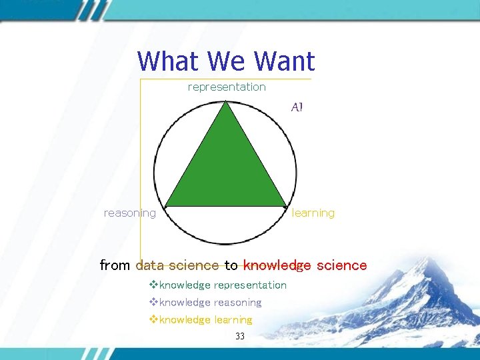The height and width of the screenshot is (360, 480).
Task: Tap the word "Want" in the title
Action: [284, 62]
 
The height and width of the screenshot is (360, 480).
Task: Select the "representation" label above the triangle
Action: [227, 87]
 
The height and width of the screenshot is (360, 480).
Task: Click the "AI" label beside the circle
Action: [297, 107]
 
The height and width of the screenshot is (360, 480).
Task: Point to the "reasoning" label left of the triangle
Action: [130, 213]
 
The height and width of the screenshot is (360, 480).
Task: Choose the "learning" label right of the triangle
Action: [313, 213]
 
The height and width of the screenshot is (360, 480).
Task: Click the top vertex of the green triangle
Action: [227, 102]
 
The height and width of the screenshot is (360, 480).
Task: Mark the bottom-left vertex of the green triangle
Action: [166, 205]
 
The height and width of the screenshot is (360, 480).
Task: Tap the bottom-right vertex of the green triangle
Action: [287, 205]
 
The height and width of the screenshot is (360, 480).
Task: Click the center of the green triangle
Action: [227, 170]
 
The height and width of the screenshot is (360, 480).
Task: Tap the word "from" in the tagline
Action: [115, 265]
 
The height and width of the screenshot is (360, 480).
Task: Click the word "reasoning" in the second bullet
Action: [237, 303]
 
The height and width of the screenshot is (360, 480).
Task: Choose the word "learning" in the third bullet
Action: [233, 320]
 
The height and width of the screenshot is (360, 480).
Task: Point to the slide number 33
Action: [240, 337]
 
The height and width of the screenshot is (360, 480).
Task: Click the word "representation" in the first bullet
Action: [250, 285]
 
